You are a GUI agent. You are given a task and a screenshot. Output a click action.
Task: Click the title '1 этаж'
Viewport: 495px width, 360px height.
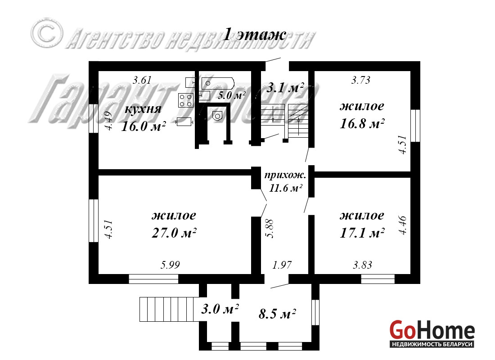tap(255, 35)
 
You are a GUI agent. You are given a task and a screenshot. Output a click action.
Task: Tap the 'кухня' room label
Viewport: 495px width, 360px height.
tap(143, 110)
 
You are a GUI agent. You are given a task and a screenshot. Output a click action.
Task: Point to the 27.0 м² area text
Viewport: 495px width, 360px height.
tap(173, 233)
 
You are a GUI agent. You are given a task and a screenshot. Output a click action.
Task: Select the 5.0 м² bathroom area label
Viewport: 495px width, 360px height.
tap(231, 95)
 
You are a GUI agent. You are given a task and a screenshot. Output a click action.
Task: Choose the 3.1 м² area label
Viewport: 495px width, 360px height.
tap(285, 87)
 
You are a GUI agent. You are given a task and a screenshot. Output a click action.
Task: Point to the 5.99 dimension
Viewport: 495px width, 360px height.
tap(171, 265)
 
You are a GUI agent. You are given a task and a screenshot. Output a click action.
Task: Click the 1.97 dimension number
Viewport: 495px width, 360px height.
tap(283, 265)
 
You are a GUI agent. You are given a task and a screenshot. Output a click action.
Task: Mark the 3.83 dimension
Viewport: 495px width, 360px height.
tap(362, 265)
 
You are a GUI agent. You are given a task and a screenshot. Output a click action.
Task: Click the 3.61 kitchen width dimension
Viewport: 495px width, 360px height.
tap(142, 81)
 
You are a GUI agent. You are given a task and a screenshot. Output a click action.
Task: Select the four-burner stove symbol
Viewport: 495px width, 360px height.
tap(185, 100)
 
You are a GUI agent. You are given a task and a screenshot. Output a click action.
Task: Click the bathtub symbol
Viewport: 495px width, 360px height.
tap(218, 82)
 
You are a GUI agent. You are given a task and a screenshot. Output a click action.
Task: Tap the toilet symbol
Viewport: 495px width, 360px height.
tap(218, 116)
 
